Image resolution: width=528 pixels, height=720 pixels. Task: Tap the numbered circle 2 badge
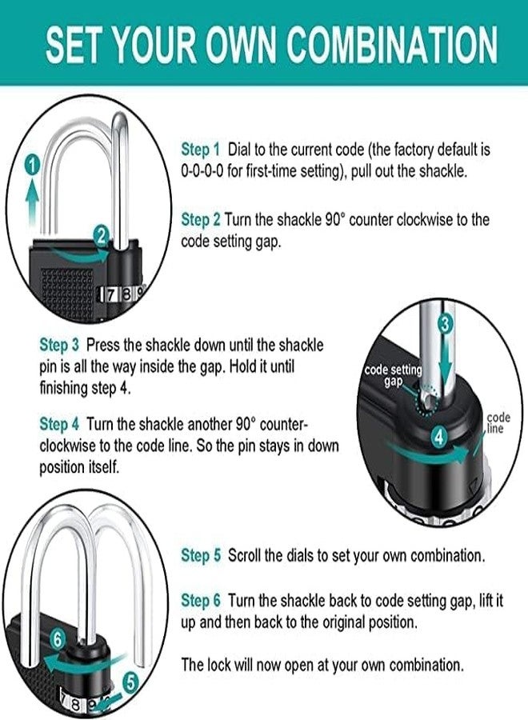pyautogui.click(x=101, y=235)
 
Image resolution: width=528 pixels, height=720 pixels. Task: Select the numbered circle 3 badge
pyautogui.click(x=446, y=324)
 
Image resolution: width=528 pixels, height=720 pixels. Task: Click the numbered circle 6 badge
pyautogui.click(x=57, y=638)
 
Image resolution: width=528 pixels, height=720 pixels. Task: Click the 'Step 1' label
pyautogui.click(x=201, y=150)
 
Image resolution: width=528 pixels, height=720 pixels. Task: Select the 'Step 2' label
pyautogui.click(x=201, y=219)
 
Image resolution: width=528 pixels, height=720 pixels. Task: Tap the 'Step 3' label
pyautogui.click(x=59, y=345)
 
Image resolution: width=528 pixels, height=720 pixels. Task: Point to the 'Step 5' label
pyautogui.click(x=201, y=555)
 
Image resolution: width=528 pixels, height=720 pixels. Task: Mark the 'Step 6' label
pyautogui.click(x=201, y=600)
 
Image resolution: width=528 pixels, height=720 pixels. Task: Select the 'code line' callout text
pyautogui.click(x=498, y=423)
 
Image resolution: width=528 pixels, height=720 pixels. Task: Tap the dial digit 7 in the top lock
pyautogui.click(x=112, y=294)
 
